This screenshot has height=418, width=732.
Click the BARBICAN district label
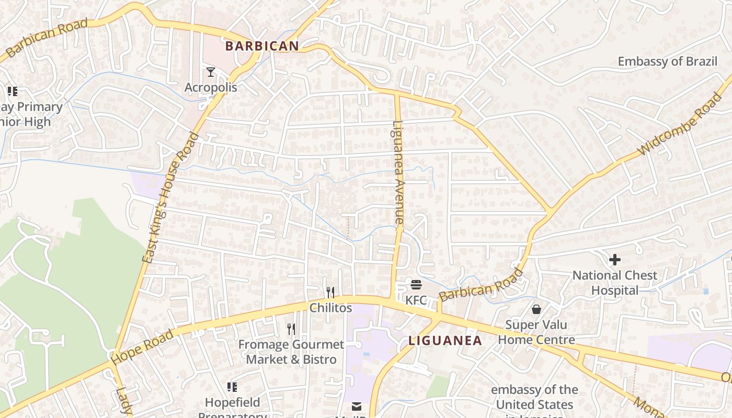(x=262, y=46)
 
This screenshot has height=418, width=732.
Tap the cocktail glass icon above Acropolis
(x=211, y=72)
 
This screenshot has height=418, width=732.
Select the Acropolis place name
(x=211, y=87)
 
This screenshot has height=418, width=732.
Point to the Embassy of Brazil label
(x=667, y=61)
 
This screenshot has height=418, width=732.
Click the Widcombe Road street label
(x=679, y=124)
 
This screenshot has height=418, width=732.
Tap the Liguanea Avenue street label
(x=398, y=173)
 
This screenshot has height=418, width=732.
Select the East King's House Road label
(x=171, y=198)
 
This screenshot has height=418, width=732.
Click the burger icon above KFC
(x=416, y=285)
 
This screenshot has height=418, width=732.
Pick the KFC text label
(x=416, y=300)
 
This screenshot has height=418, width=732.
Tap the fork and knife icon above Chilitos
(x=330, y=292)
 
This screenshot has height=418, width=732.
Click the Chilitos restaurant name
(x=330, y=308)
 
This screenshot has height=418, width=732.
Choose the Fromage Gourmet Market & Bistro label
(x=291, y=352)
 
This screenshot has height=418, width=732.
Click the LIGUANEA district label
(x=445, y=341)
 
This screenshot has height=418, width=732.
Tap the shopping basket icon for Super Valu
(x=536, y=309)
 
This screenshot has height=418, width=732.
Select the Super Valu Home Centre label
(x=536, y=332)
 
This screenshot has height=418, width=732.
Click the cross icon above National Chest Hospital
(x=615, y=259)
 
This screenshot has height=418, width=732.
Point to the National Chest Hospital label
(x=615, y=283)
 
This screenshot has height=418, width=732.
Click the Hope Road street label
(x=142, y=347)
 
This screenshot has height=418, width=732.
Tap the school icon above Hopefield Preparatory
(x=232, y=387)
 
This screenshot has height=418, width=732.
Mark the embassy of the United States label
(x=534, y=397)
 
